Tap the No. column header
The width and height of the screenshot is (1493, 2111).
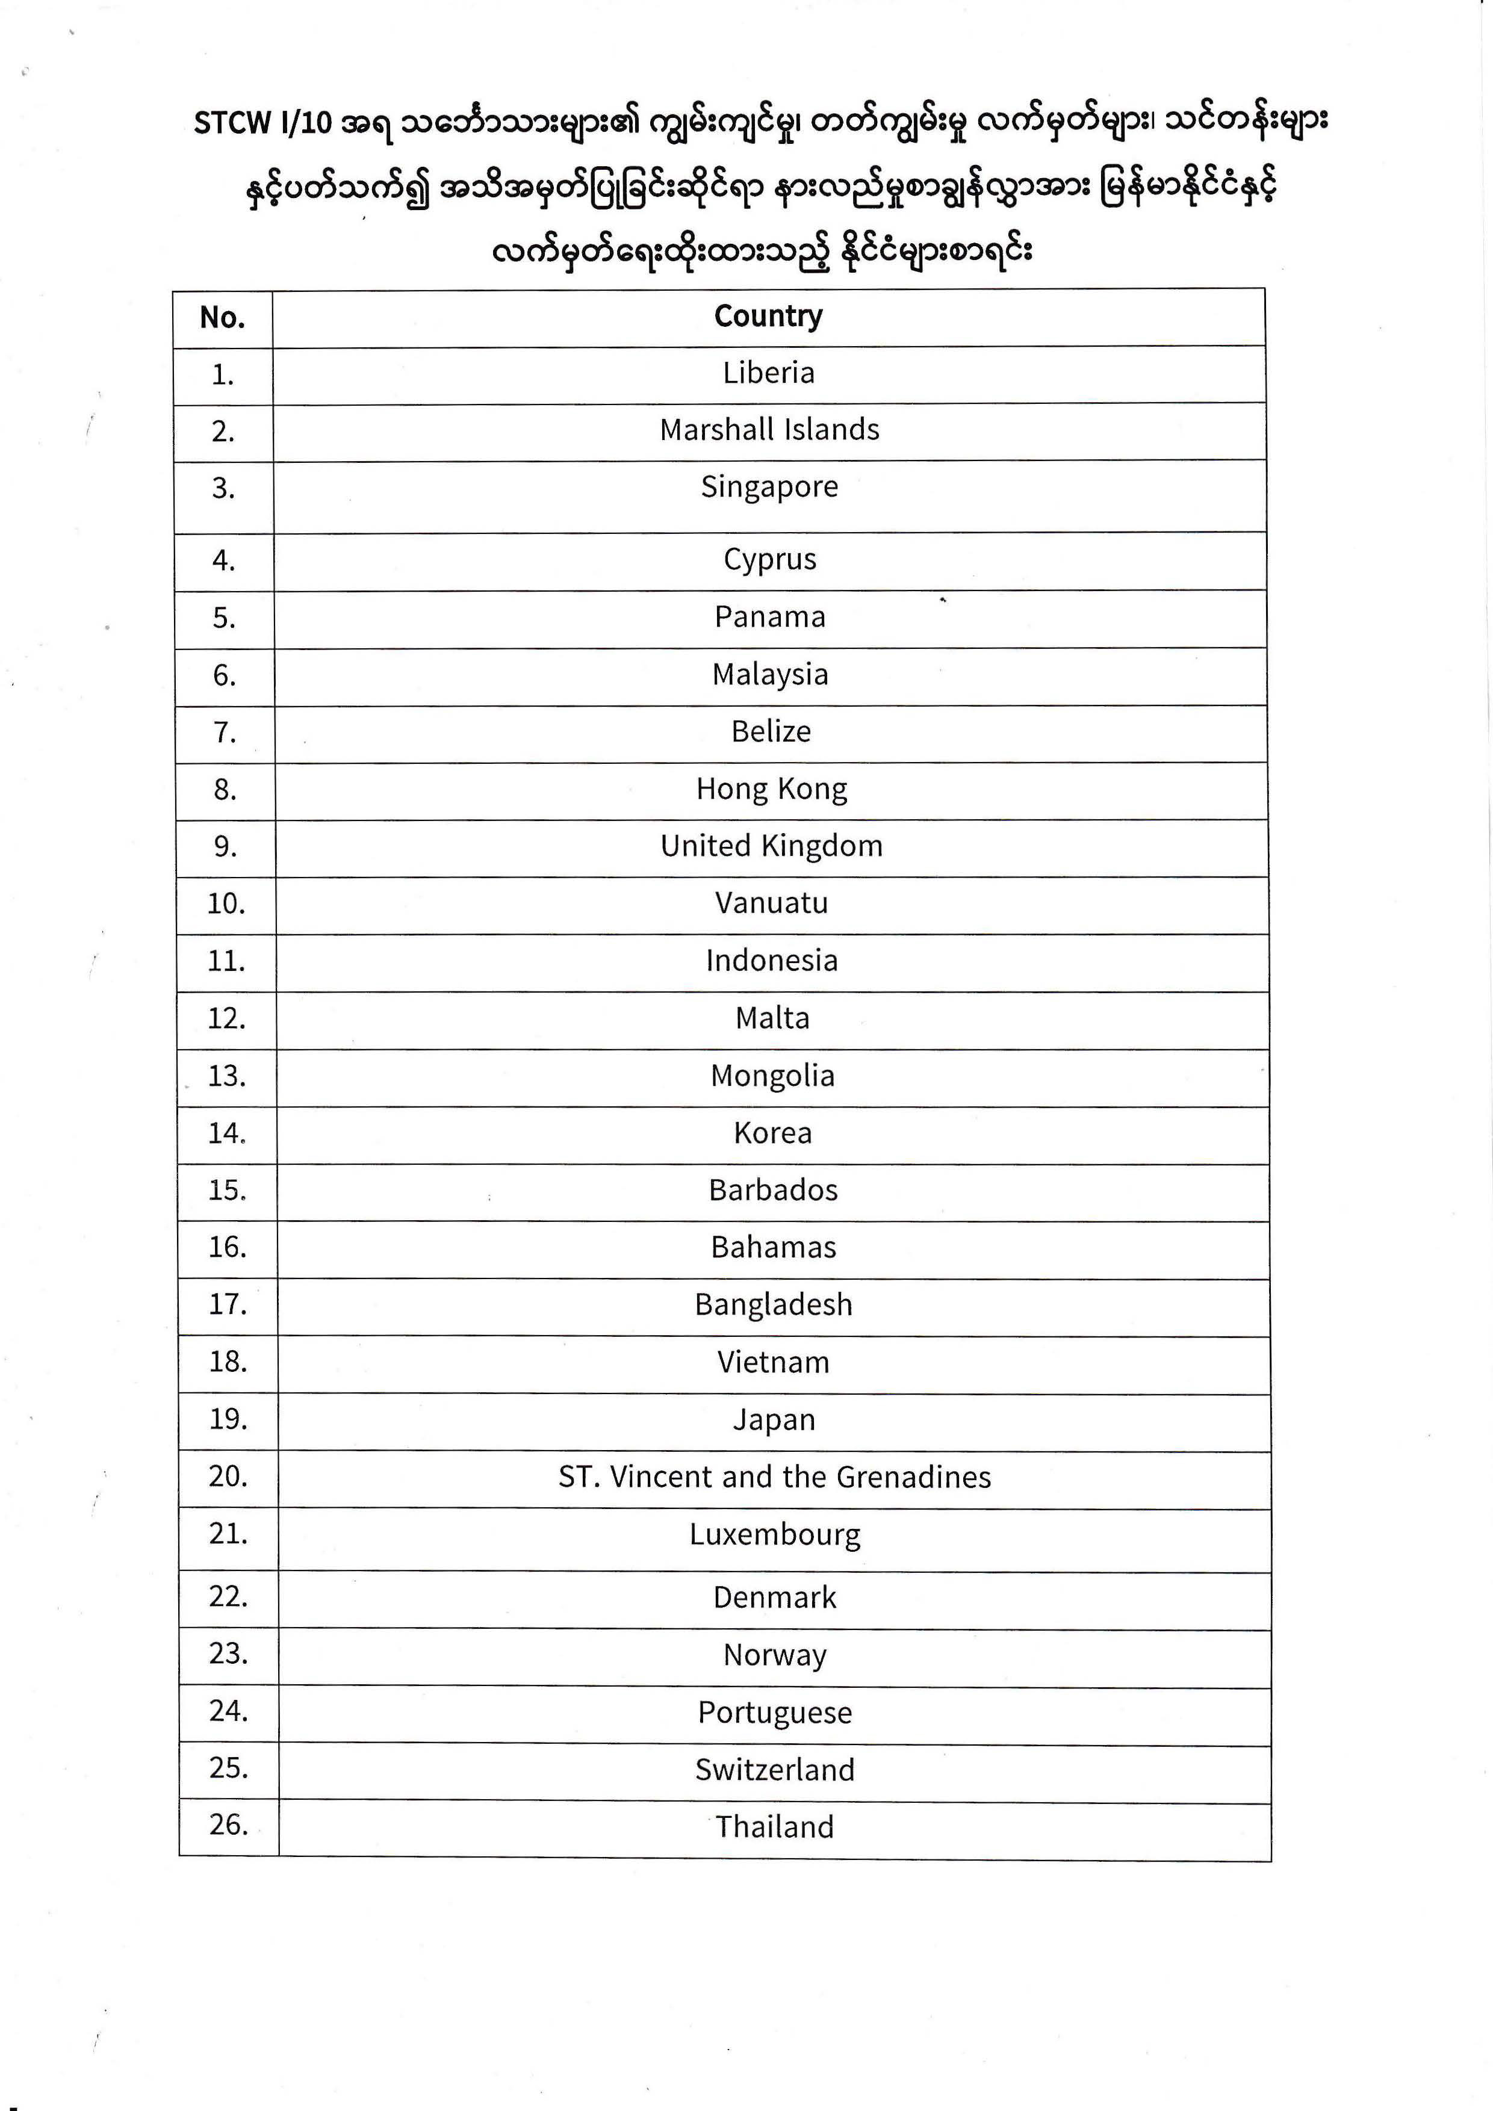tap(223, 318)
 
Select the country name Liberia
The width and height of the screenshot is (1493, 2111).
tap(769, 373)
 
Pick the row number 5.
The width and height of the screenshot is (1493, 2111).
tap(225, 618)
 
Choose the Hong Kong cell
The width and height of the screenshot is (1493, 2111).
tap(771, 789)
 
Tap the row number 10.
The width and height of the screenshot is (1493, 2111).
tap(226, 904)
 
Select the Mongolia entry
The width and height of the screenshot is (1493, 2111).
tap(772, 1076)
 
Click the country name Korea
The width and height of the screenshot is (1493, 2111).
tap(772, 1133)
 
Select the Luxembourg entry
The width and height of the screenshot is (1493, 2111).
tap(775, 1534)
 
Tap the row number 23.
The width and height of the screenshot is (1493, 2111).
tap(229, 1653)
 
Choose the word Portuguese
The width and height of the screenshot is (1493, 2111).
tap(775, 1712)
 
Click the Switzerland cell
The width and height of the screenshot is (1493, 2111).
tap(775, 1769)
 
